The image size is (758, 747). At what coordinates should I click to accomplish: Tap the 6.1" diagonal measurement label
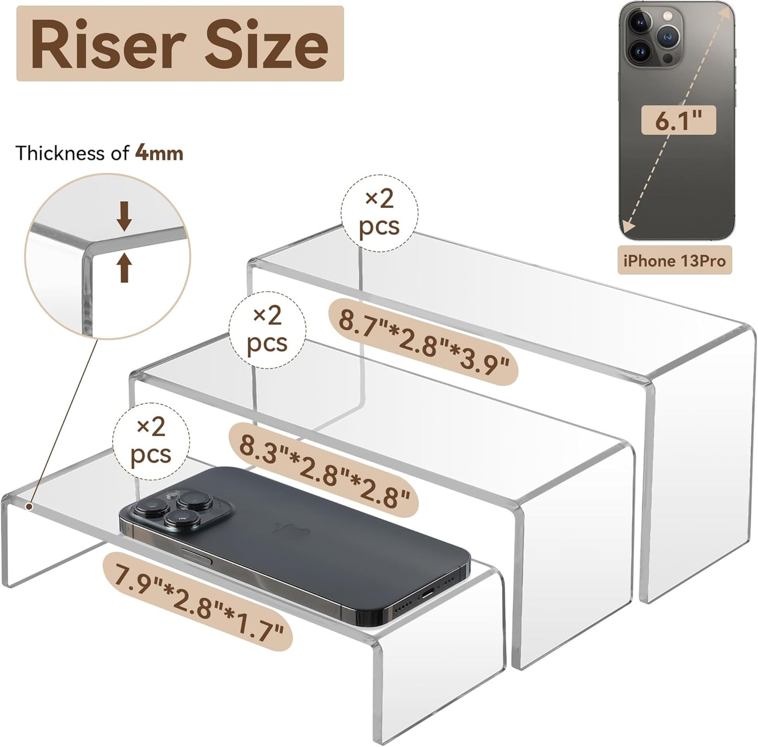point(678,121)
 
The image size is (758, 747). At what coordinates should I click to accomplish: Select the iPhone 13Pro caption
point(675,260)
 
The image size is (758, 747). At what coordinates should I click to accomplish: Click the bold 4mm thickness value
point(159,153)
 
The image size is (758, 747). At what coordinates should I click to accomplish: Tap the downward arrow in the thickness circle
point(124,216)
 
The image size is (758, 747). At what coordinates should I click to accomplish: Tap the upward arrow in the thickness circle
point(124,267)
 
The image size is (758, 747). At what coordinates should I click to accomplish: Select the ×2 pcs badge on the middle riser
point(268,329)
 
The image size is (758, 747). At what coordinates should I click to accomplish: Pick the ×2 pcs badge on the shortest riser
point(151,441)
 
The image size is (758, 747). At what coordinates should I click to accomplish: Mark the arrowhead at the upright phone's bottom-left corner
point(628,232)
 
